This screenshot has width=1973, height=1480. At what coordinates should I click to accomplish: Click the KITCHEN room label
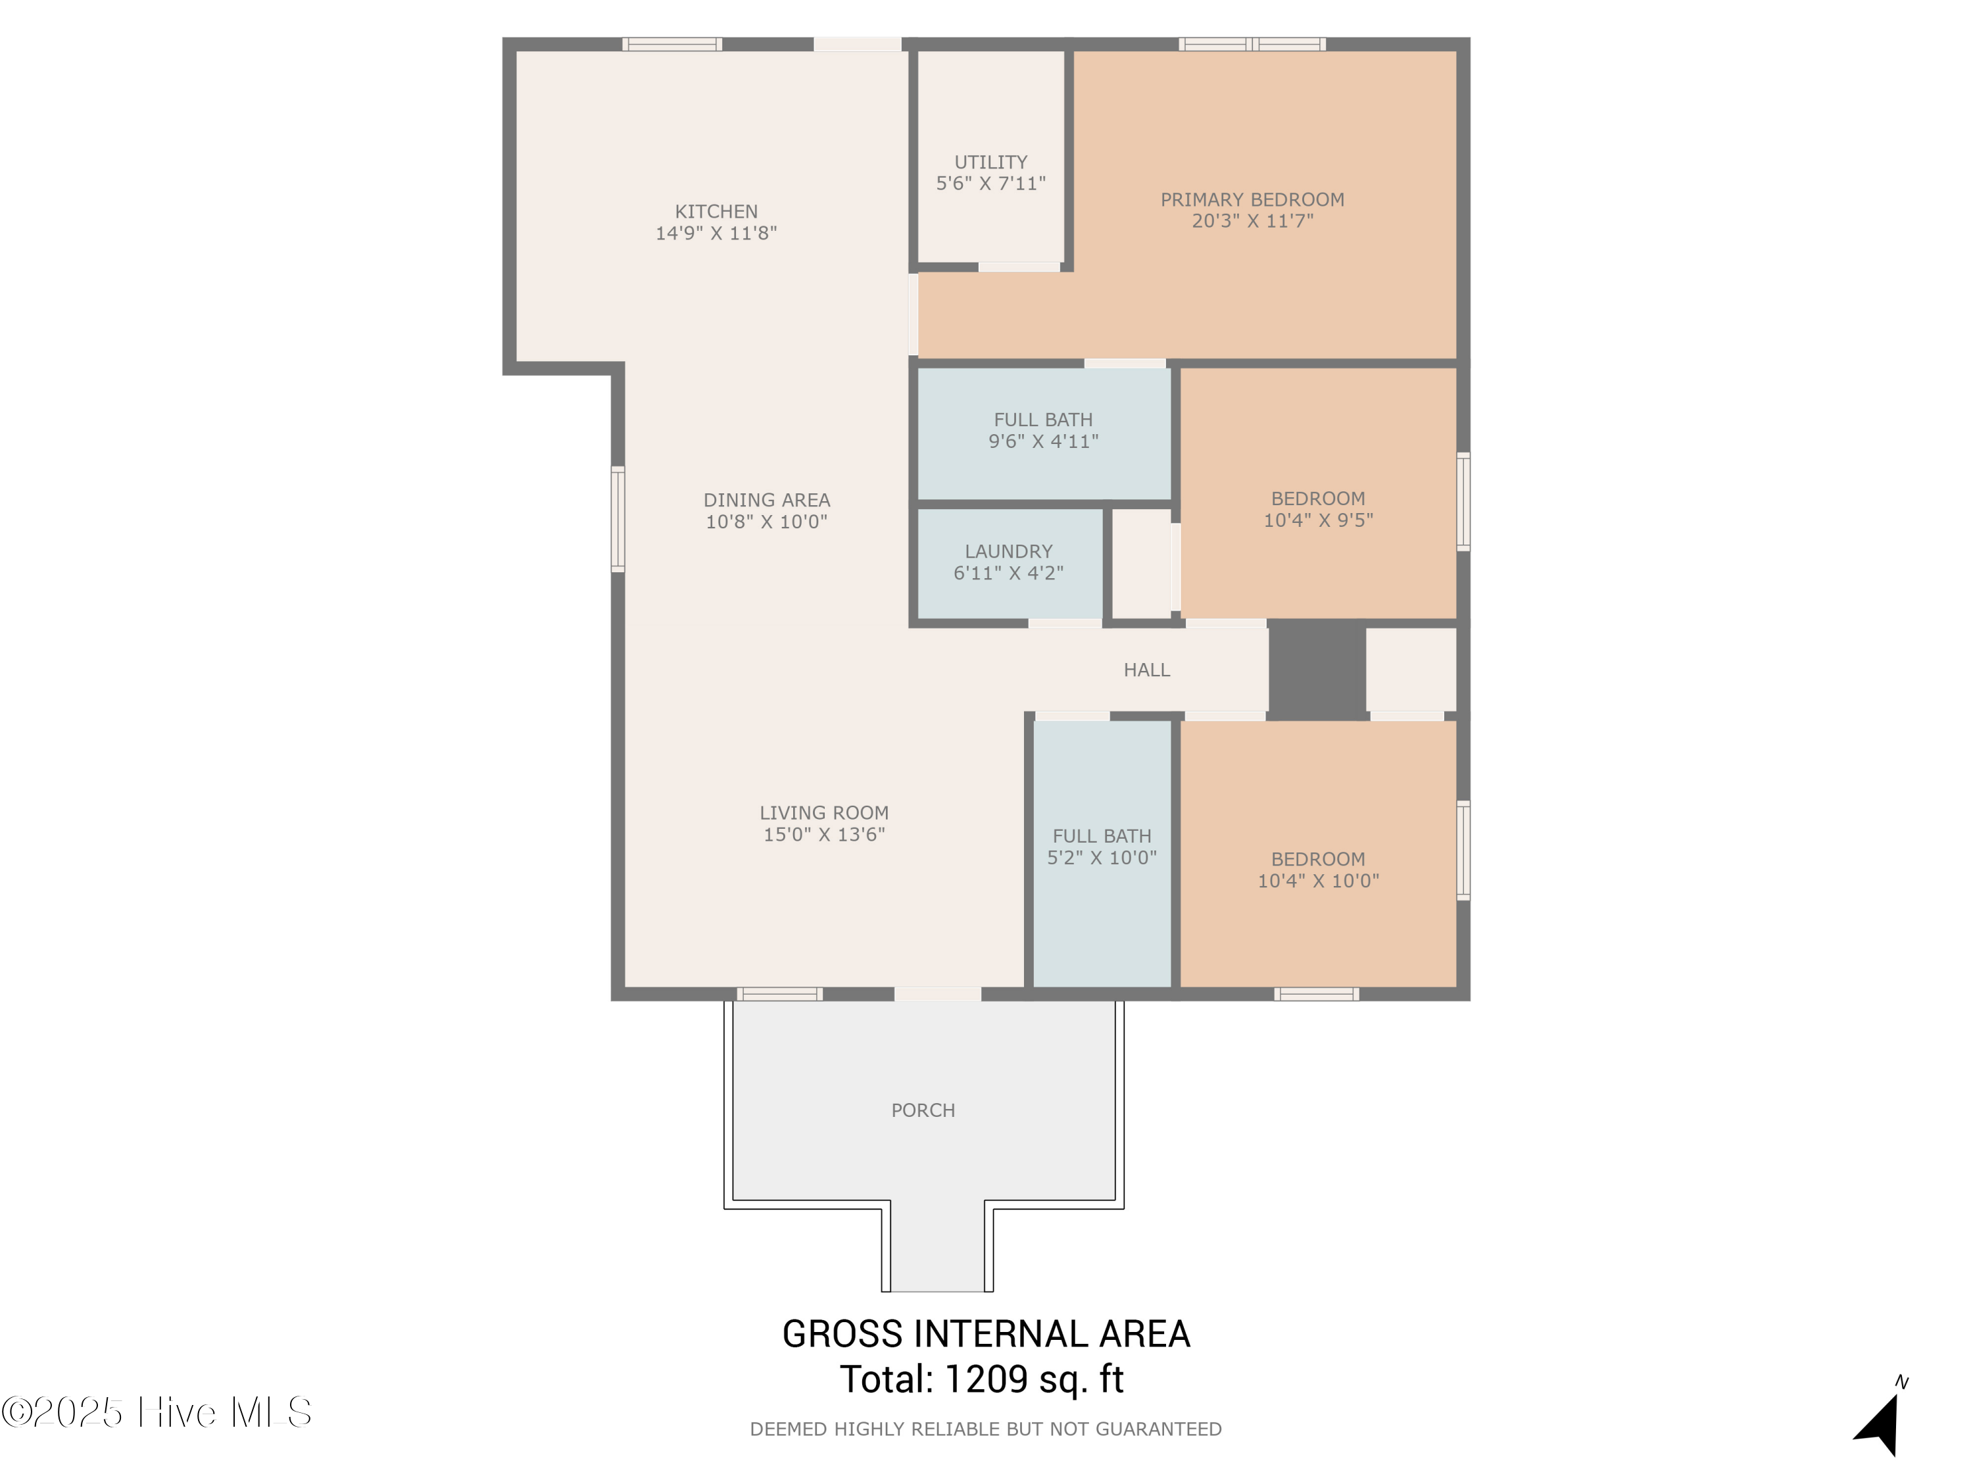(716, 211)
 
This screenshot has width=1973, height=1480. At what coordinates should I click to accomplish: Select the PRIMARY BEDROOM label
(1252, 200)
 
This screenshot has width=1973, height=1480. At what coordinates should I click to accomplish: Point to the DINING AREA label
(766, 501)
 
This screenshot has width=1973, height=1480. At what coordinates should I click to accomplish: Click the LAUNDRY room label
(1008, 551)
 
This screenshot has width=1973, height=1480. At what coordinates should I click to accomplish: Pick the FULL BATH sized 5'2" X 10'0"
(1102, 847)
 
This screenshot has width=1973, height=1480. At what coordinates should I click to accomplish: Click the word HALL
(1146, 670)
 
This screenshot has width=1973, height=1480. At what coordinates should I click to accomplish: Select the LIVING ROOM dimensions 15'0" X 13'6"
(823, 835)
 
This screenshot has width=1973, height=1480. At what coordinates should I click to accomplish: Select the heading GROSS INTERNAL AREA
(986, 1335)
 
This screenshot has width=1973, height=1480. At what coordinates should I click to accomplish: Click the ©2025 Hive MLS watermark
(157, 1412)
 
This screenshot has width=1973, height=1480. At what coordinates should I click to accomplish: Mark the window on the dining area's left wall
(618, 518)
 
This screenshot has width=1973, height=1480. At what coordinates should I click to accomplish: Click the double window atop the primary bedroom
(1252, 43)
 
